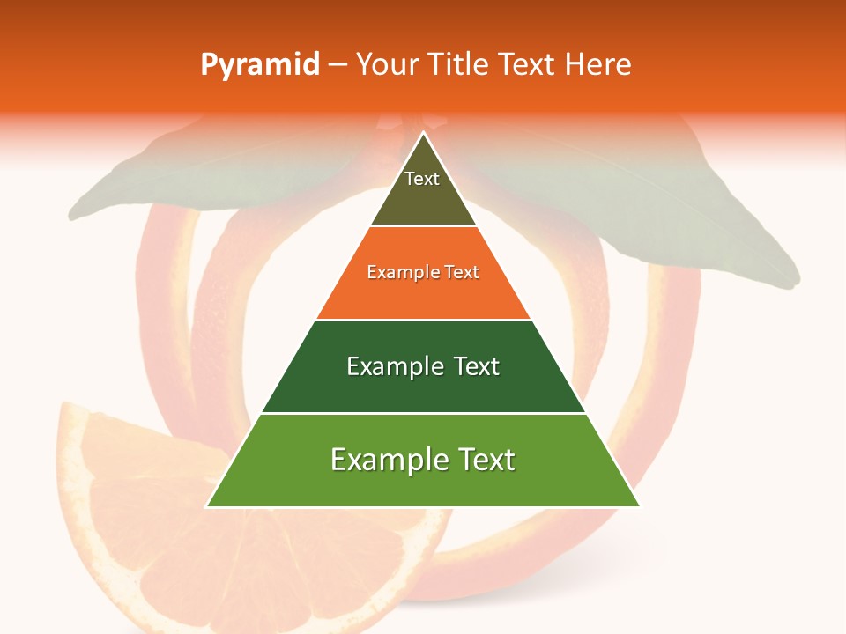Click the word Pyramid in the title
pos(260,65)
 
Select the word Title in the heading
pos(459,65)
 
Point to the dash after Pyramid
pos(338,65)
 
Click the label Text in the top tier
pos(422,179)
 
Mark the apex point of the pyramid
pos(423,133)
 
